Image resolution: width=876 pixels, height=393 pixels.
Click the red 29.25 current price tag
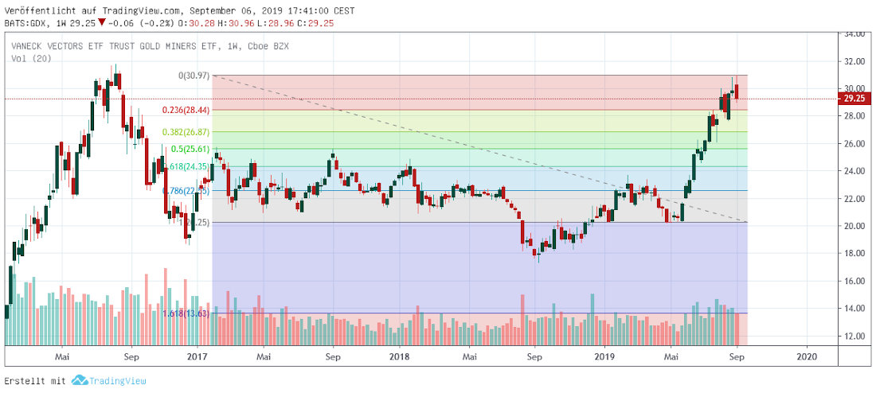[855, 99]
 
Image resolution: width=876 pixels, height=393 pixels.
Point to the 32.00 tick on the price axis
[854, 61]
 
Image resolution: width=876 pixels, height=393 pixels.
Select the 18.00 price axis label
[854, 254]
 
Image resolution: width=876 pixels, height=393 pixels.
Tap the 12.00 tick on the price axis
[854, 336]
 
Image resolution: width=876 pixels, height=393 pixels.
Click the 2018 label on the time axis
[400, 358]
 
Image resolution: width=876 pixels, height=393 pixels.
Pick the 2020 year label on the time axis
[807, 358]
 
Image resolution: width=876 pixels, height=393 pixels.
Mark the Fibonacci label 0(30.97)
[194, 76]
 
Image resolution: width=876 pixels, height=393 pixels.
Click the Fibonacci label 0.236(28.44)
[186, 111]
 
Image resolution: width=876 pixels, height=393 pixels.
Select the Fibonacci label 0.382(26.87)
[186, 132]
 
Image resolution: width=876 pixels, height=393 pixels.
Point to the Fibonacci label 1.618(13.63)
[186, 313]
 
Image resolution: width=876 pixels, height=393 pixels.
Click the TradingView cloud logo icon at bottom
[78, 380]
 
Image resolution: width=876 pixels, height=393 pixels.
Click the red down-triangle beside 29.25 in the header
[101, 23]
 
